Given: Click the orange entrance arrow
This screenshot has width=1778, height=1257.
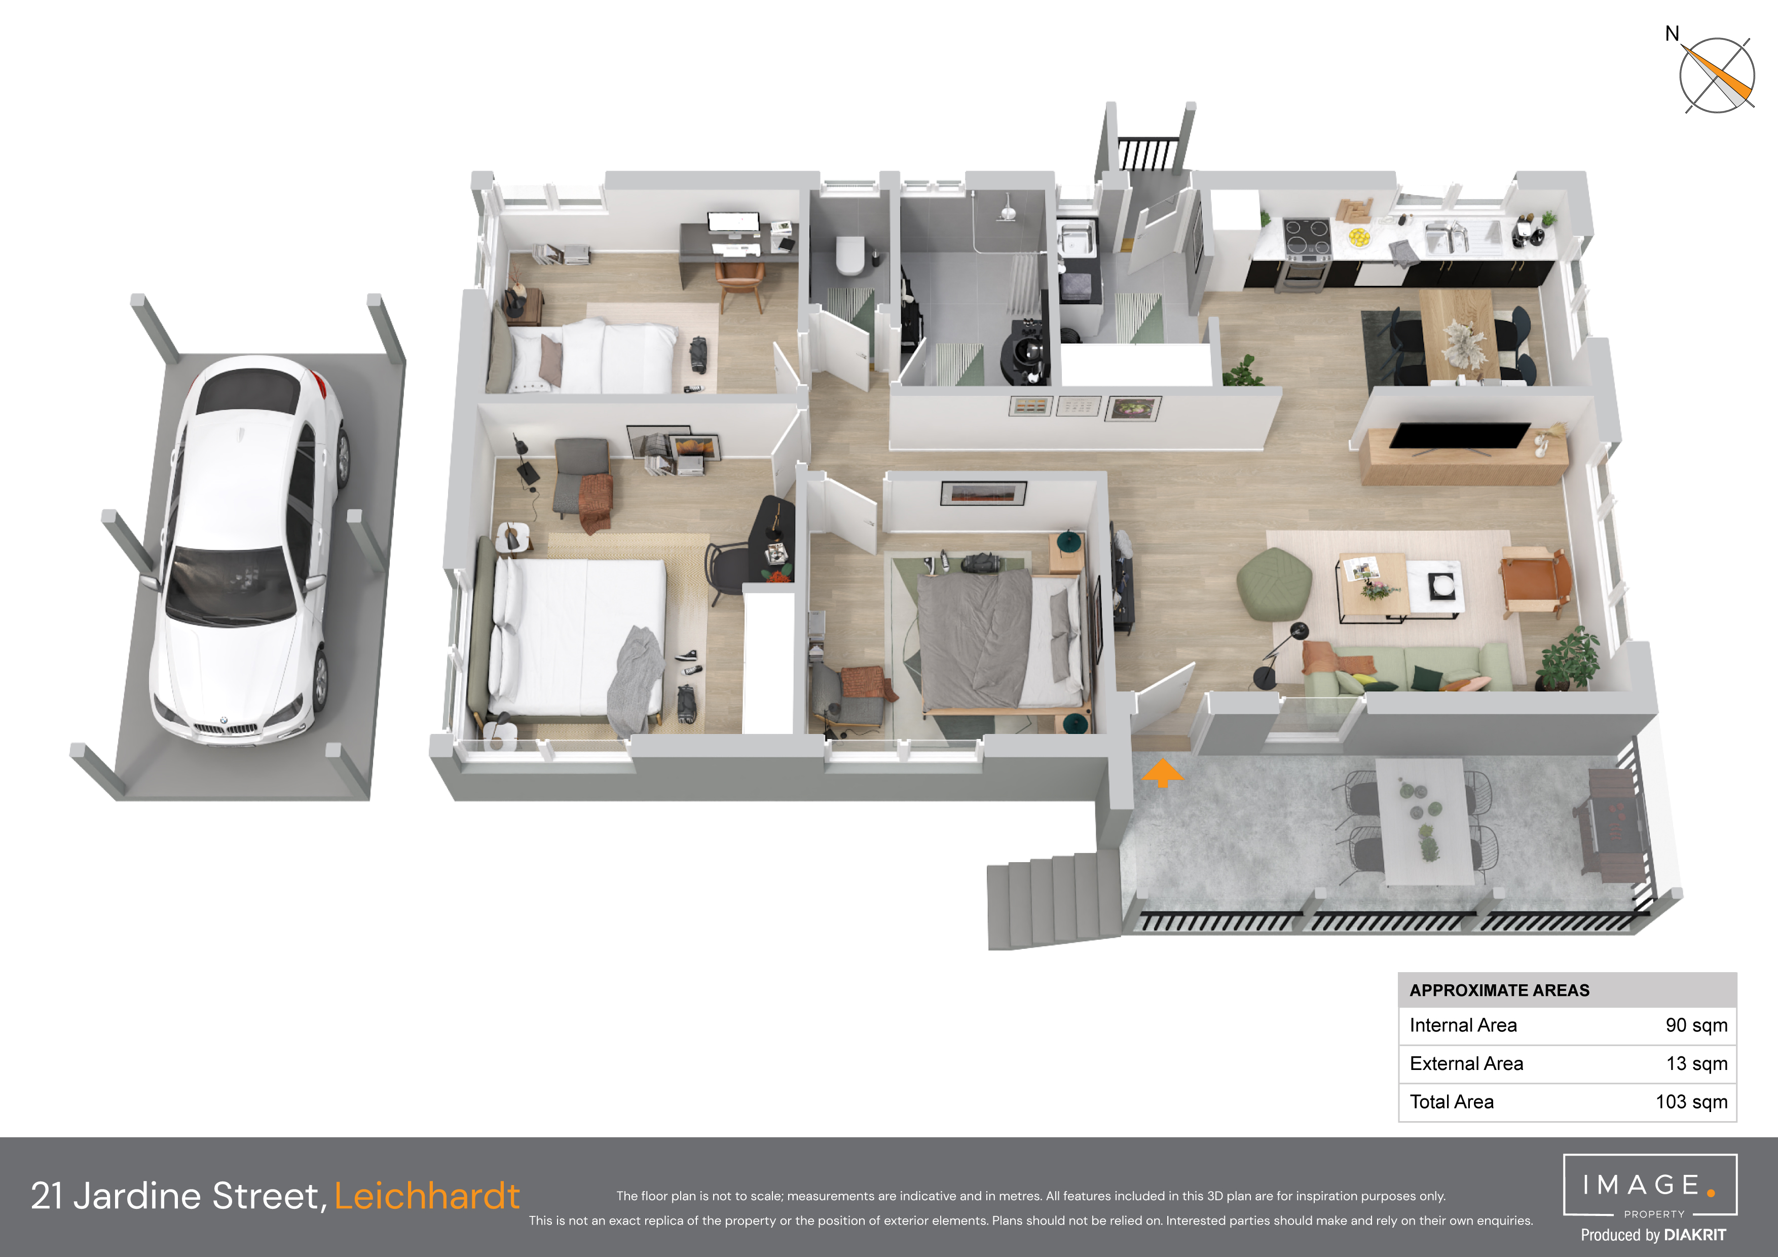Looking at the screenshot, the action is tap(1162, 772).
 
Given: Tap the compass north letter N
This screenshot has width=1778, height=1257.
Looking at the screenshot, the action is tap(1673, 33).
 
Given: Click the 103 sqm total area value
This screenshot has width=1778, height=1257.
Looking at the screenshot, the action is tap(1691, 1101).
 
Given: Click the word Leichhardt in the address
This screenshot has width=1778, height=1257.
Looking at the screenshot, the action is tap(427, 1196).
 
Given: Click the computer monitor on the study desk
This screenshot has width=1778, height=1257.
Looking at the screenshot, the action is tap(733, 223).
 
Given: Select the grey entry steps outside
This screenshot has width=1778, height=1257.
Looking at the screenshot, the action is tap(1053, 899).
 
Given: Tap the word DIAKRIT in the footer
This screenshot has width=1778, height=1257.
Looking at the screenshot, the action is tap(1695, 1235).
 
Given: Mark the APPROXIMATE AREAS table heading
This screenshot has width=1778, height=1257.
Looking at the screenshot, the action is tap(1499, 990).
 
